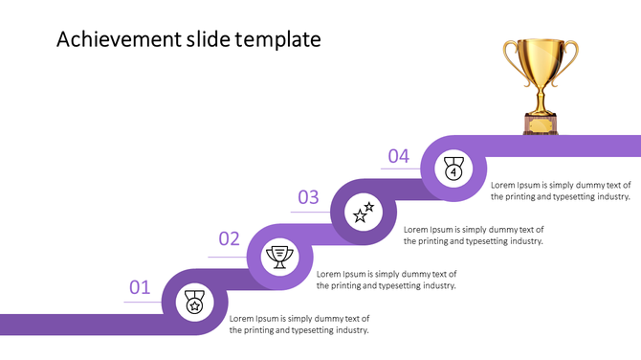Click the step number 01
tap(140, 286)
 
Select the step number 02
tap(229, 239)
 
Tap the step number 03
tap(308, 197)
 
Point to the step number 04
tap(398, 156)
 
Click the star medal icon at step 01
tap(194, 303)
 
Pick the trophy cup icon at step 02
tap(280, 257)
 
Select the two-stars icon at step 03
tap(364, 213)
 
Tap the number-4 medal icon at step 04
tap(453, 169)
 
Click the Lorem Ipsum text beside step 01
tap(299, 324)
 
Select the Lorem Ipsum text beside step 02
tap(387, 280)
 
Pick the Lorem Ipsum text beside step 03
tap(474, 236)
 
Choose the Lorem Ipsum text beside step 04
tap(561, 190)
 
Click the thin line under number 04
tap(402, 169)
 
